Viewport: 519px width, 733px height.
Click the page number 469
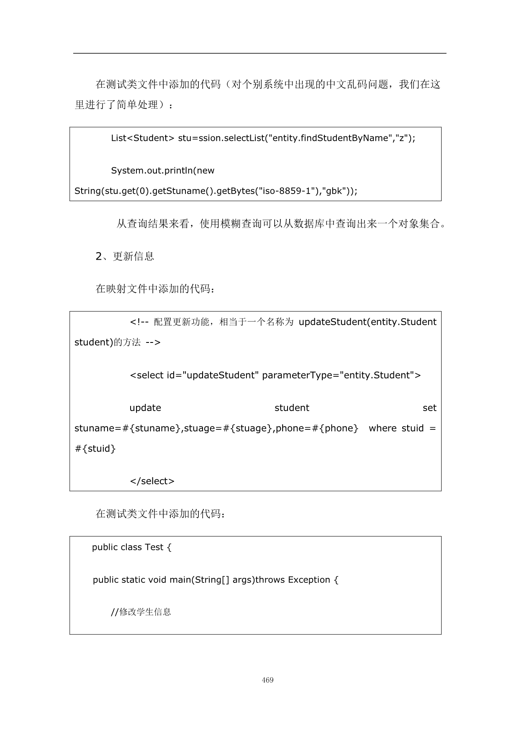pyautogui.click(x=267, y=680)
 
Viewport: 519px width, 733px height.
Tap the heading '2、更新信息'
pyautogui.click(x=125, y=256)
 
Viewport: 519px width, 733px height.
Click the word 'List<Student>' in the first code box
pyautogui.click(x=142, y=138)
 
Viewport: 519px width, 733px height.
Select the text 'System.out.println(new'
pyautogui.click(x=162, y=171)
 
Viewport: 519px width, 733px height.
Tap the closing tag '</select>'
pyautogui.click(x=152, y=481)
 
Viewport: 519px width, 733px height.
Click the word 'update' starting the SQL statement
pyautogui.click(x=145, y=408)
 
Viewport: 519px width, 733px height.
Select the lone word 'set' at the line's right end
pyautogui.click(x=429, y=408)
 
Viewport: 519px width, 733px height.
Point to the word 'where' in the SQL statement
pyautogui.click(x=382, y=428)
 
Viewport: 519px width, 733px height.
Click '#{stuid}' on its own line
pyautogui.click(x=95, y=449)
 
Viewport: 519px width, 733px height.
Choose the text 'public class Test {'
pyautogui.click(x=131, y=547)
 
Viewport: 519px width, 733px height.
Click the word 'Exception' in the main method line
pyautogui.click(x=309, y=580)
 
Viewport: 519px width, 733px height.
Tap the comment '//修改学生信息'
pyautogui.click(x=141, y=612)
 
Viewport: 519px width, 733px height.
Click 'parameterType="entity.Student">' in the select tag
pyautogui.click(x=341, y=375)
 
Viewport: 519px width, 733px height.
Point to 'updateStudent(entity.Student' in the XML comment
pyautogui.click(x=367, y=322)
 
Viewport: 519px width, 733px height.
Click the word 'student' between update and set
pyautogui.click(x=292, y=408)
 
